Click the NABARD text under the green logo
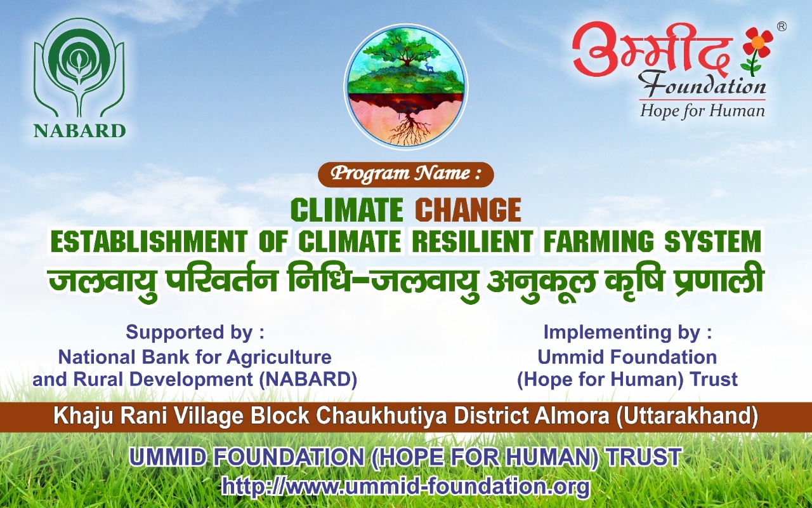[80, 131]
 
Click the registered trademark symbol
[782, 27]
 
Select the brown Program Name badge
[405, 175]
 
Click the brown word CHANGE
[470, 210]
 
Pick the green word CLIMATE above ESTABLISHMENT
[346, 210]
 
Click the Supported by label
[195, 332]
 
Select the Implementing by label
[627, 332]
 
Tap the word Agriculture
[279, 357]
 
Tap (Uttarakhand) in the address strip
[687, 417]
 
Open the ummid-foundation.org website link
[405, 486]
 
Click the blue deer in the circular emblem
[429, 67]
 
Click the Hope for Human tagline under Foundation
[702, 110]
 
